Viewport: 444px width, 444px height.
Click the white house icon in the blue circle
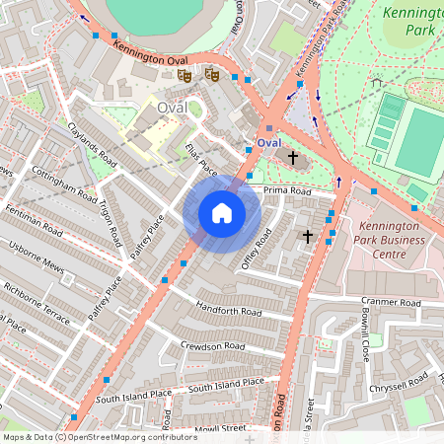point(222,213)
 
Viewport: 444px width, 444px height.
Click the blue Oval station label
point(268,143)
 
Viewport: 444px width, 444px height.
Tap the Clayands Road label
point(91,144)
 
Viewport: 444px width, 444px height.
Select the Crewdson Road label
point(211,346)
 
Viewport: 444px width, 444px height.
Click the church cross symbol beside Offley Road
point(307,237)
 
